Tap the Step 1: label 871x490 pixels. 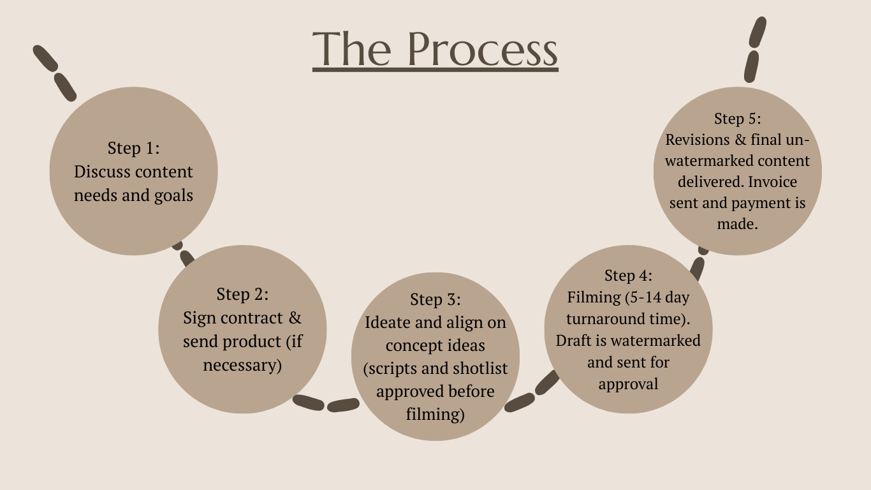tap(133, 148)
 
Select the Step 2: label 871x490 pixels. tap(242, 294)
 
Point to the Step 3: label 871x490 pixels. tap(435, 299)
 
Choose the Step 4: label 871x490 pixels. tap(628, 275)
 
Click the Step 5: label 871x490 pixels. tap(737, 119)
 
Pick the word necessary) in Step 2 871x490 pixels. tap(242, 366)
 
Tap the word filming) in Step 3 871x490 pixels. tap(435, 415)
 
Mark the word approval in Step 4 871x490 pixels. tap(628, 384)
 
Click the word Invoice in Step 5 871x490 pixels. tap(772, 182)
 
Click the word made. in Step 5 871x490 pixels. tap(737, 225)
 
